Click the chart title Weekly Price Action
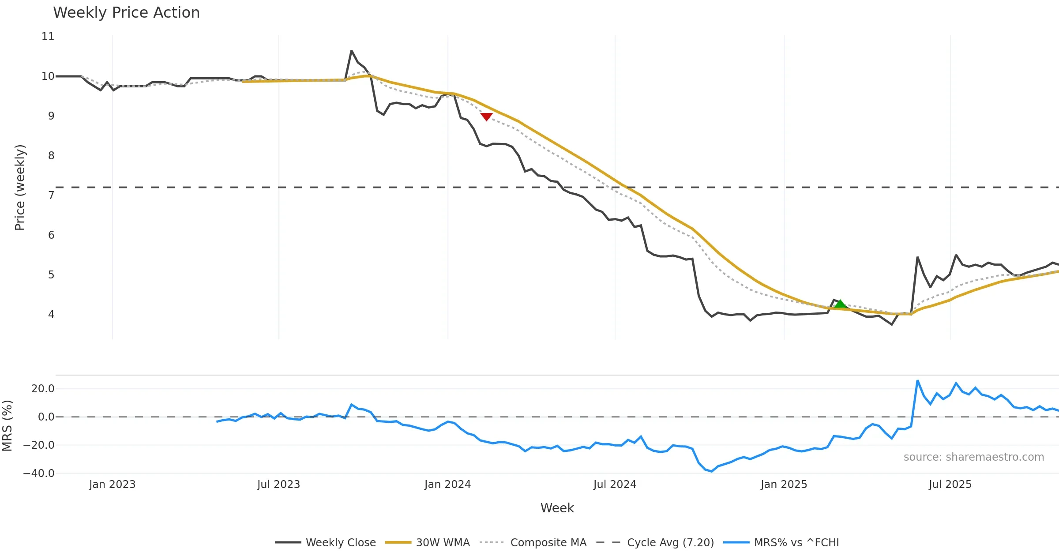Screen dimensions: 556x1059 pyautogui.click(x=126, y=13)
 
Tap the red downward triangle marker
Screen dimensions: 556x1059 pyautogui.click(x=486, y=116)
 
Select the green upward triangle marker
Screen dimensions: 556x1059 pyautogui.click(x=840, y=304)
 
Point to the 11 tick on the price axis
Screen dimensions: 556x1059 pyautogui.click(x=48, y=37)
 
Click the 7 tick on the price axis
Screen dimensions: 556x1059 pyautogui.click(x=51, y=195)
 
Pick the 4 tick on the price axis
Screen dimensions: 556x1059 pyautogui.click(x=51, y=314)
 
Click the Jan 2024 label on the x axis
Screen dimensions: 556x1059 pyautogui.click(x=447, y=485)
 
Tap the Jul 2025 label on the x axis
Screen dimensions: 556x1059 pyautogui.click(x=950, y=485)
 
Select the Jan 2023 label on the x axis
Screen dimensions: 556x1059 pyautogui.click(x=112, y=485)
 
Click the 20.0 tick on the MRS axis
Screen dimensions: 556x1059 pyautogui.click(x=43, y=389)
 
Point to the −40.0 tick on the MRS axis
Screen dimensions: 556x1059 pyautogui.click(x=39, y=473)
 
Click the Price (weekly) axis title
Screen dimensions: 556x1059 pyautogui.click(x=20, y=188)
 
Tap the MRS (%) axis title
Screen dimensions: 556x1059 pyautogui.click(x=8, y=425)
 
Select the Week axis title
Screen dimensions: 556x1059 pyautogui.click(x=557, y=508)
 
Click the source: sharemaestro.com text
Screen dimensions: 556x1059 pyautogui.click(x=973, y=457)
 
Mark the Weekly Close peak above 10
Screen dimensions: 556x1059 pyautogui.click(x=351, y=51)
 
